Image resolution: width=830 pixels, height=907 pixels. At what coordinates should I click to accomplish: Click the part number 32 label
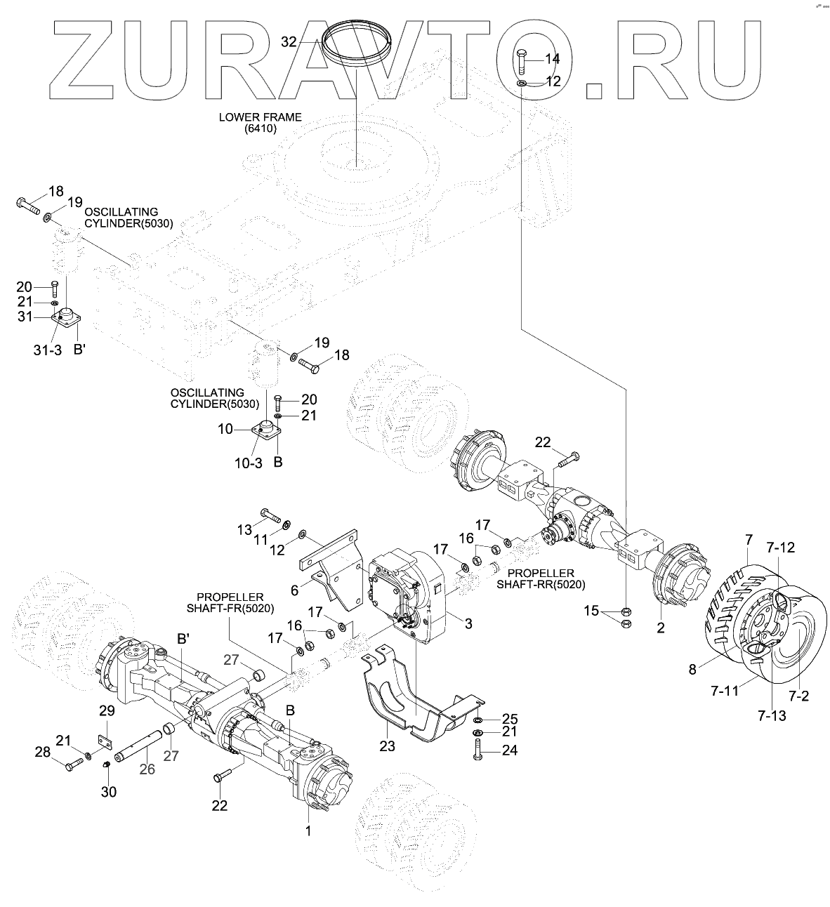click(289, 41)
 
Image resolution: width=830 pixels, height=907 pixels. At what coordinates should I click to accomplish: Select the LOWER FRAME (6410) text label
click(260, 123)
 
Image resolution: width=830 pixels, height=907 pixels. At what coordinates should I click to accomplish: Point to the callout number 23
click(388, 746)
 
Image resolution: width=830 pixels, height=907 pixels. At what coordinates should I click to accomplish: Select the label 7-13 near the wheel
click(772, 715)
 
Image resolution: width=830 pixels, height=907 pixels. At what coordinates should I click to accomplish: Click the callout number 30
click(108, 792)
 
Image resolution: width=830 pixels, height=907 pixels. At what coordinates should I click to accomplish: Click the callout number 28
click(43, 752)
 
